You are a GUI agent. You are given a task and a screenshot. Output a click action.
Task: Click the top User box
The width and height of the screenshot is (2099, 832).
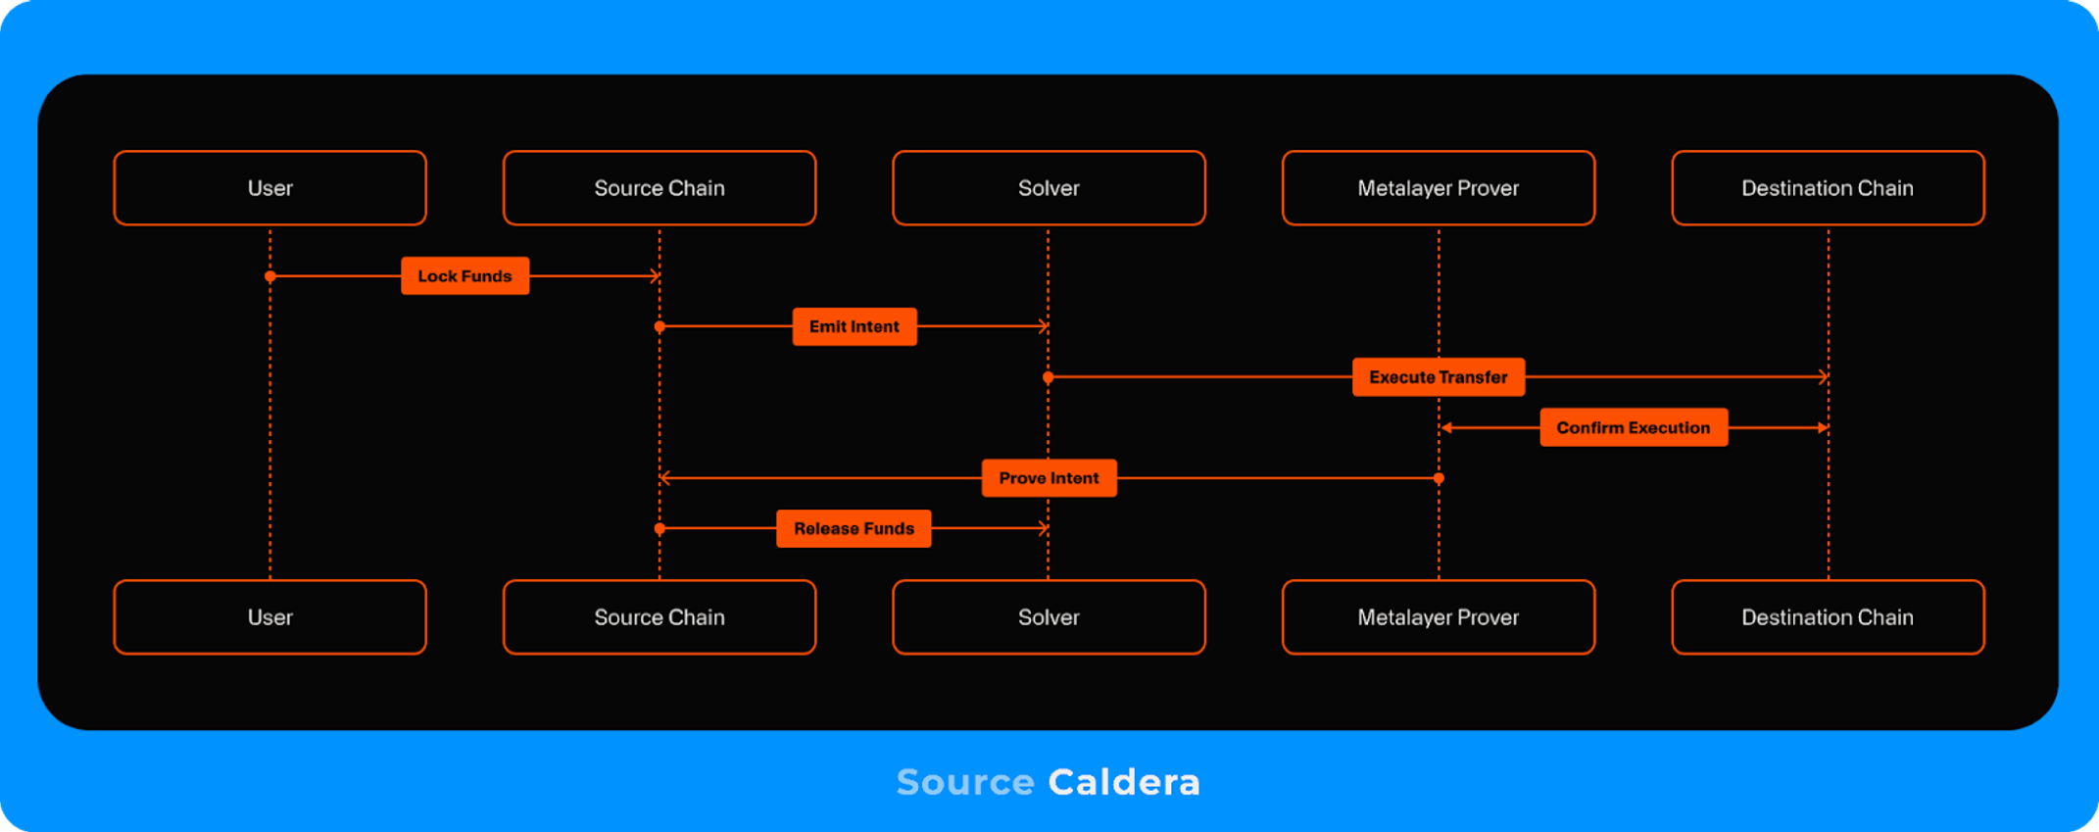coord(269,188)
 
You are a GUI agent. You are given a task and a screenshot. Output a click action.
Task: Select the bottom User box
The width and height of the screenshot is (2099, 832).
coord(269,617)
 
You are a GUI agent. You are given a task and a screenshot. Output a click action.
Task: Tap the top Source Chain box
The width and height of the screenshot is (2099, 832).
coord(659,188)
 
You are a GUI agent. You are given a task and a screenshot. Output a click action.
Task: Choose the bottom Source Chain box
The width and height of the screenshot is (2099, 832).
coord(659,617)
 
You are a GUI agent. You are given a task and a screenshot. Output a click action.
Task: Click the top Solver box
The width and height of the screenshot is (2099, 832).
coord(1049,188)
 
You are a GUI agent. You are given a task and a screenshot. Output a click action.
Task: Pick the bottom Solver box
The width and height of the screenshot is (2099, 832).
coord(1049,617)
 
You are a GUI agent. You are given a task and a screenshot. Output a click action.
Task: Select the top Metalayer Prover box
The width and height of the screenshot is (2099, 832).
coord(1438,188)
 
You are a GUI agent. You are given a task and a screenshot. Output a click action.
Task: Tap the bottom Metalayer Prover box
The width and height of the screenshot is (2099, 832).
coord(1438,617)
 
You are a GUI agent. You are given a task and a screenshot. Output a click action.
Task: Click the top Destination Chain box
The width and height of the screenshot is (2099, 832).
coord(1828,188)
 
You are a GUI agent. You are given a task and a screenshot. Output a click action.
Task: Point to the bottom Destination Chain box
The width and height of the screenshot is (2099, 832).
coord(1828,617)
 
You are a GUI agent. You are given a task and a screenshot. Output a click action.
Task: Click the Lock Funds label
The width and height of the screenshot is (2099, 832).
coord(464,276)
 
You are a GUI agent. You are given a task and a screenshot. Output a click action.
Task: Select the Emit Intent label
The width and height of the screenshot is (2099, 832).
coord(854,326)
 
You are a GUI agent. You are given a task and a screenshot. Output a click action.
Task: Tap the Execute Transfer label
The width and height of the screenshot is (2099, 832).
coord(1438,377)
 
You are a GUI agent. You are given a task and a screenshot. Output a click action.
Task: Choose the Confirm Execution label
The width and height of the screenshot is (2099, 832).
coord(1634,427)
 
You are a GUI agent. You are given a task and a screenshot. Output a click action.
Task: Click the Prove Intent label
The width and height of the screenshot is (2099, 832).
coord(1049,478)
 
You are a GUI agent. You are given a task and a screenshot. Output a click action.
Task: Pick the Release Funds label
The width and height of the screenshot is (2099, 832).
coord(854,528)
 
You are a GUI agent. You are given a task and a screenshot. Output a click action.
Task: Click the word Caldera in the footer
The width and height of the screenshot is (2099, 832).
coord(1124,782)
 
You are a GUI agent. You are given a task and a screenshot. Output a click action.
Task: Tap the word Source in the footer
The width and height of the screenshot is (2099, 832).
coord(965,782)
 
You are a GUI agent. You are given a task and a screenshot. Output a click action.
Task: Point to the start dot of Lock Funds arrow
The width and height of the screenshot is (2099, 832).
coord(270,276)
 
